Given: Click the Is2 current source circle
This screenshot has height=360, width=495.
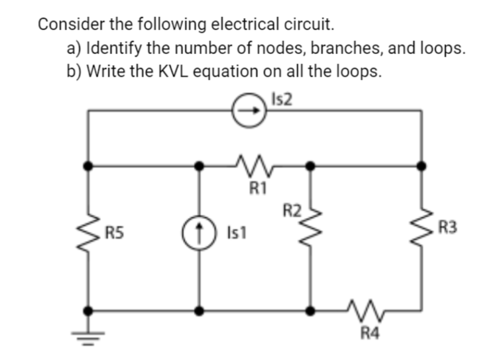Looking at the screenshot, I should (x=251, y=111).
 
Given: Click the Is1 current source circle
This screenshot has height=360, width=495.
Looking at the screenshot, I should (x=199, y=232).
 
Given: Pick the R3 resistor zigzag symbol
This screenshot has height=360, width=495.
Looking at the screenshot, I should (x=421, y=229).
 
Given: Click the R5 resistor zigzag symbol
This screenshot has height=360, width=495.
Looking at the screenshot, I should (x=87, y=232).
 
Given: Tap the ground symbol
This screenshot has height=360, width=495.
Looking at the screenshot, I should (x=87, y=334).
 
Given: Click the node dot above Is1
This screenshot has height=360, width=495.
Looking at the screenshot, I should (x=199, y=166).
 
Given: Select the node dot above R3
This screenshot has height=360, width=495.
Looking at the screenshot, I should (x=421, y=166).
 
